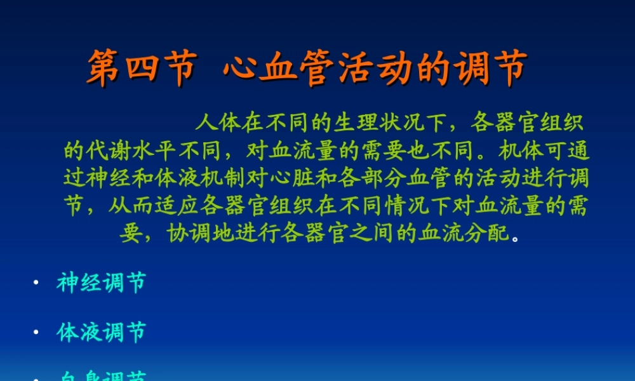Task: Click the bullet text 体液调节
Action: point(102,332)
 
